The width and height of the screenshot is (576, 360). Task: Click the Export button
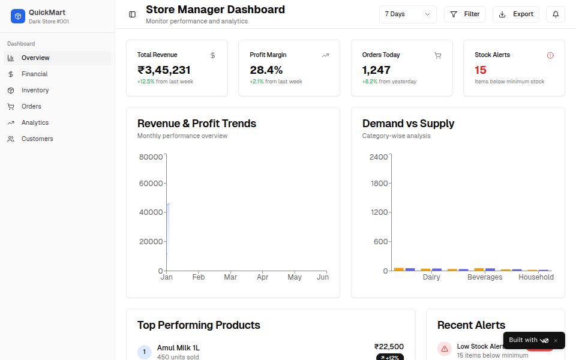515,14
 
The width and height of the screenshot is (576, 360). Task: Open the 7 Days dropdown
407,14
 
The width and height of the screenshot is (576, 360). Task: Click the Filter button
464,14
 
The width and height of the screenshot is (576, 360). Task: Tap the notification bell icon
555,14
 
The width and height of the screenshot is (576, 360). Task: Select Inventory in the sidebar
35,90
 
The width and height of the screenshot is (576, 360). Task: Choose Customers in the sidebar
37,139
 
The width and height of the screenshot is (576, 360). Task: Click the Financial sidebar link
34,74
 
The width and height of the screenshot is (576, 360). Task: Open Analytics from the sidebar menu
35,122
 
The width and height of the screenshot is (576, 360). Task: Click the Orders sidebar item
31,106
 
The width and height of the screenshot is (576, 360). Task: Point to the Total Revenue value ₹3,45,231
164,70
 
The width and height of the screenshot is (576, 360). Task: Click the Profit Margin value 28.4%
266,70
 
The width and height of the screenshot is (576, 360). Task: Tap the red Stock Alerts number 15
480,70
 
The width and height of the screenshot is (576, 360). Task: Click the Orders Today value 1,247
376,70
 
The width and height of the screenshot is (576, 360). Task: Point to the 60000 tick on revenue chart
151,184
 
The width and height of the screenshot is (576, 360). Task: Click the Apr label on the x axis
262,277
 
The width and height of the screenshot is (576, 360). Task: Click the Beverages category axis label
484,277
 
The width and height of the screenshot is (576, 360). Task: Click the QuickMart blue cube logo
18,16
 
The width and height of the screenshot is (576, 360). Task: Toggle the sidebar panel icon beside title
132,14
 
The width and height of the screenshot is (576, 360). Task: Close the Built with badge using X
556,341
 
